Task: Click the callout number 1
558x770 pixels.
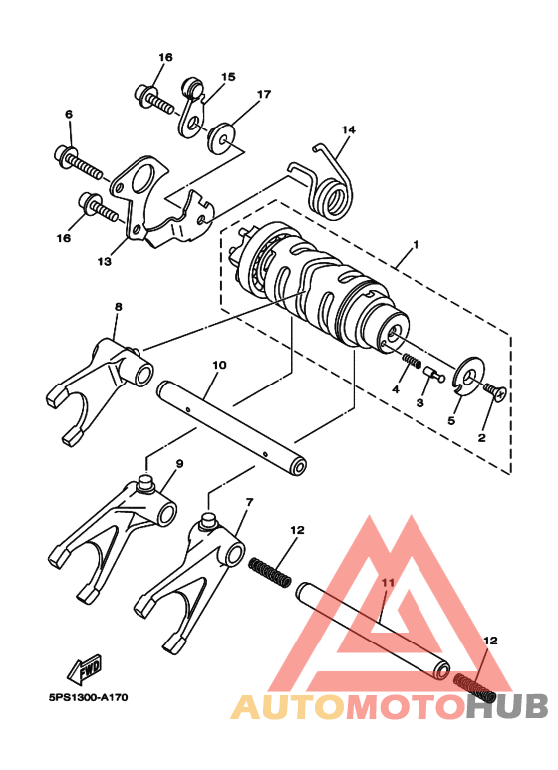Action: pos(417,244)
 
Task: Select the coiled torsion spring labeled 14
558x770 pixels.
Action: pos(331,184)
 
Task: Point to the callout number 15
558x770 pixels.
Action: pos(228,77)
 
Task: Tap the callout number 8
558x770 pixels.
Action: pos(118,308)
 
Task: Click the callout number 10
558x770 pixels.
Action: pos(219,366)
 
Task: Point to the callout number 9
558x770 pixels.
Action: pos(179,464)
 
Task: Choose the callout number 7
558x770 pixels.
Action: pos(248,502)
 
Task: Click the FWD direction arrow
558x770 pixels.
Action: pos(83,665)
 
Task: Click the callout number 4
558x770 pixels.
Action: pos(396,391)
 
